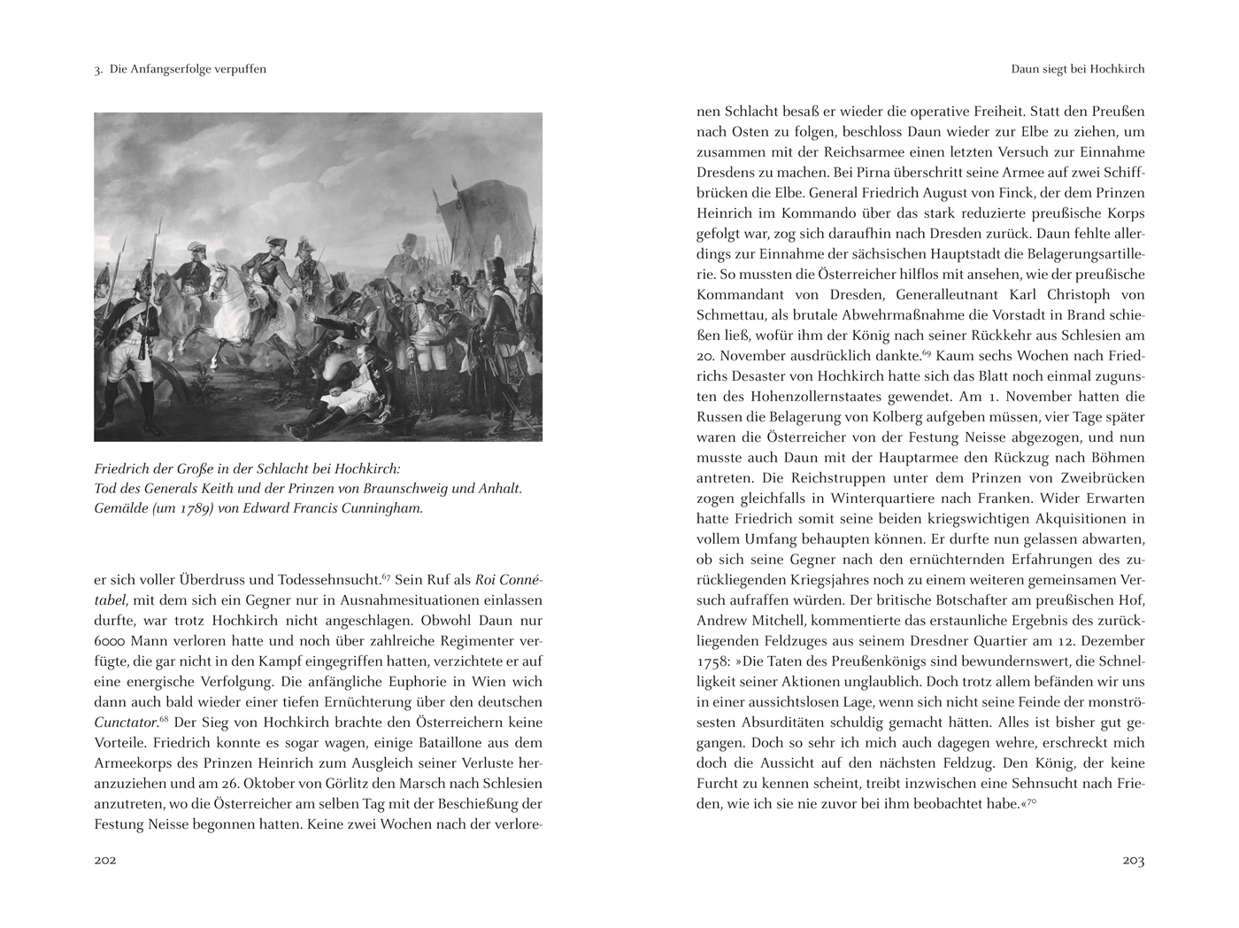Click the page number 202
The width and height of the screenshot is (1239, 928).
(105, 861)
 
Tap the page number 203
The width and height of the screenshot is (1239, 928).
(1133, 861)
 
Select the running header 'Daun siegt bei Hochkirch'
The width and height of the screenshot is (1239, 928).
(1078, 69)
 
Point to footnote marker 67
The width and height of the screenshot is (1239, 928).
(386, 577)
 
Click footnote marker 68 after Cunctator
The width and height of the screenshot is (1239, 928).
(165, 719)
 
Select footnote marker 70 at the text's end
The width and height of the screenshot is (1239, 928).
(1031, 801)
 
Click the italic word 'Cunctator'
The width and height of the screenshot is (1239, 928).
(126, 723)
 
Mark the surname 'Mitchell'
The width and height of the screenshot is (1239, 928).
(781, 621)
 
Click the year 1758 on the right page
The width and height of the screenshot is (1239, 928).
(713, 661)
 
